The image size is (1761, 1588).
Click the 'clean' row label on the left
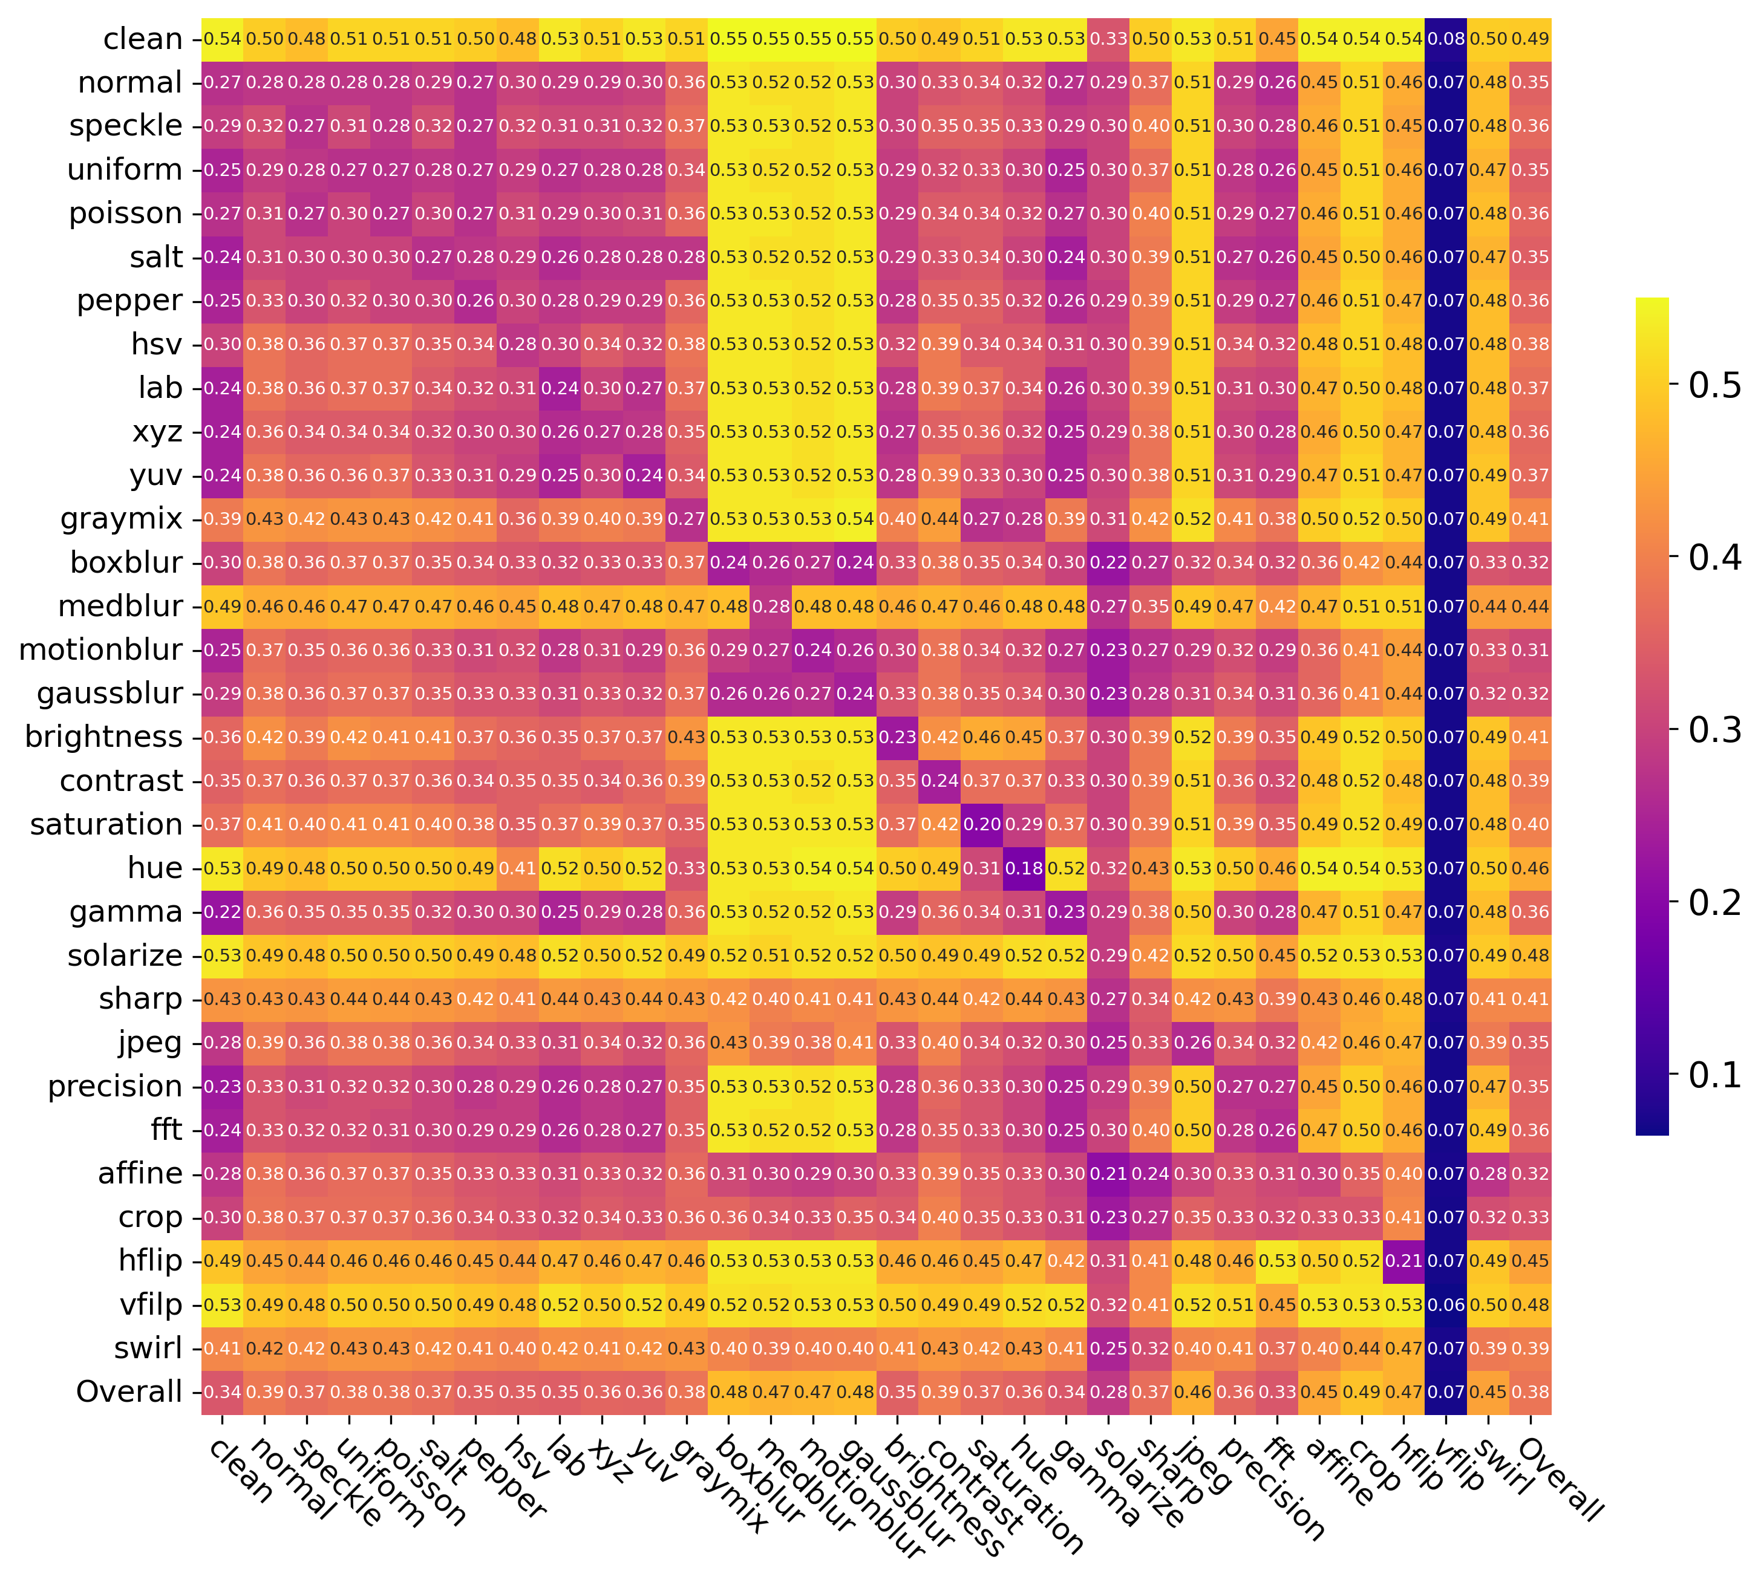pos(142,39)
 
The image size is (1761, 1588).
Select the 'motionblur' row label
pos(100,650)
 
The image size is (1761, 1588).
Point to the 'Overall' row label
pos(129,1391)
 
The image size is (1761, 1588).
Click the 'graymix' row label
pos(122,519)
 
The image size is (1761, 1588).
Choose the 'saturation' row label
pos(106,825)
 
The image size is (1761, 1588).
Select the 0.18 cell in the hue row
pos(1024,868)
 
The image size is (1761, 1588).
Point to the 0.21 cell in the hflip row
pos(1403,1261)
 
